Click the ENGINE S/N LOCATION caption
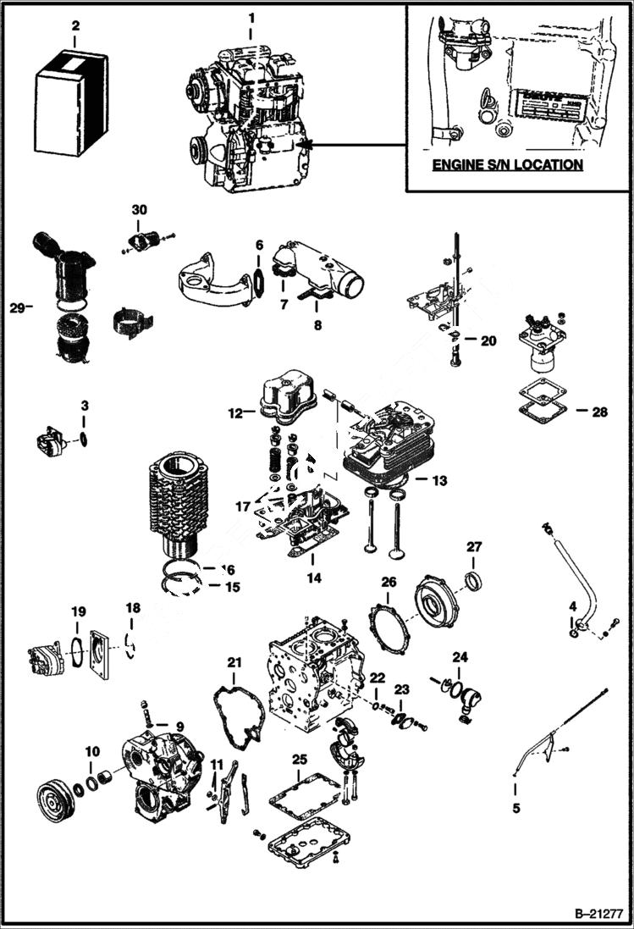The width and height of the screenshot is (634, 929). point(507,164)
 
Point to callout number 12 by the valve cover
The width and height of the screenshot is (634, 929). point(235,413)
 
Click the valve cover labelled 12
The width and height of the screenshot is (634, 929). point(286,398)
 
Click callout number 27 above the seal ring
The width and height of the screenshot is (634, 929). point(472,547)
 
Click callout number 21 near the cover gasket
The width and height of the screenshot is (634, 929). point(234,661)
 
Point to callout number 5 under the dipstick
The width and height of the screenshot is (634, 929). point(515,809)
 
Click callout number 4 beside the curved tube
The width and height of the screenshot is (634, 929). point(573,606)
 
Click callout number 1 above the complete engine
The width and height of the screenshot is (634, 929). point(250,17)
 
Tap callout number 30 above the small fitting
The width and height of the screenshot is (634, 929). point(139,208)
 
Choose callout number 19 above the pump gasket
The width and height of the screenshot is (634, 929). point(78,611)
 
